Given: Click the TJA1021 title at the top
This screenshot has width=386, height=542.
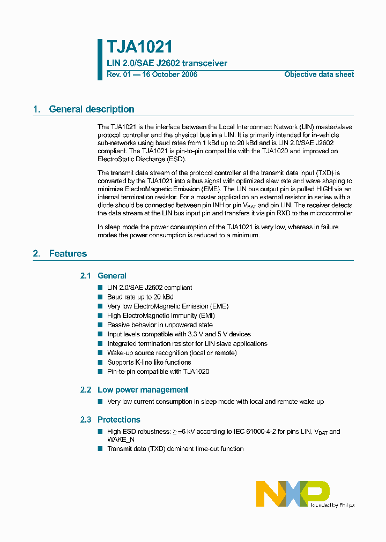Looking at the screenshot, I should pyautogui.click(x=139, y=48).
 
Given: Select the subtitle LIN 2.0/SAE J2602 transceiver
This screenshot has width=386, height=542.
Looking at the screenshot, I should pyautogui.click(x=167, y=63).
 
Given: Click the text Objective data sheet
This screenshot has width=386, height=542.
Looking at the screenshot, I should pyautogui.click(x=318, y=74).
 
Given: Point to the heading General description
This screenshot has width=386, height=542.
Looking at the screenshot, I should pyautogui.click(x=92, y=109).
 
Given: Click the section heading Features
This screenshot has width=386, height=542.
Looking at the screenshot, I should pyautogui.click(x=68, y=253).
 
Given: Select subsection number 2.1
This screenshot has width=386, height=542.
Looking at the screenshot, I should pyautogui.click(x=86, y=276).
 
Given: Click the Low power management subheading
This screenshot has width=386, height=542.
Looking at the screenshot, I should pyautogui.click(x=143, y=390).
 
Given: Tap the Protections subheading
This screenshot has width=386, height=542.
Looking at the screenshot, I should pyautogui.click(x=118, y=420).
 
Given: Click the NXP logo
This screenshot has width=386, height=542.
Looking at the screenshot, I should pyautogui.click(x=293, y=493).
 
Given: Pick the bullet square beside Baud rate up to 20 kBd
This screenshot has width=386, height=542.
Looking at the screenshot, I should pyautogui.click(x=100, y=297).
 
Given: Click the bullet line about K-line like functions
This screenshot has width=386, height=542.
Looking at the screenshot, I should pyautogui.click(x=149, y=363).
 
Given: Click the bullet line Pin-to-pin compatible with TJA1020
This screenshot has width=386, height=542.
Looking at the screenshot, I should pyautogui.click(x=158, y=372).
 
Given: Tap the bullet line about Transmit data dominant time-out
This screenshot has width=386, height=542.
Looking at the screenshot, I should pyautogui.click(x=175, y=449).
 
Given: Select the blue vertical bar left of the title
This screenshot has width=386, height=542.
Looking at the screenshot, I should pyautogui.click(x=100, y=59).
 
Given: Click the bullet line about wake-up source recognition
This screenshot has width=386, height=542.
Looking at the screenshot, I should pyautogui.click(x=172, y=353).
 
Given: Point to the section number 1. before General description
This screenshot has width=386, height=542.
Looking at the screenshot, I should pyautogui.click(x=36, y=109).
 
